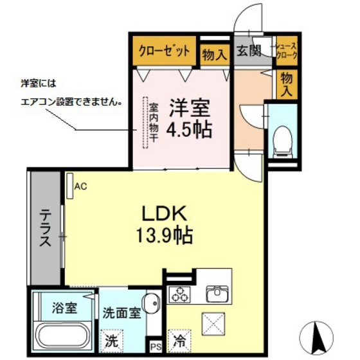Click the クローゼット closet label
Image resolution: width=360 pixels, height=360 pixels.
(163, 51)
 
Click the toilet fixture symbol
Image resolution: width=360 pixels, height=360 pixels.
(281, 138)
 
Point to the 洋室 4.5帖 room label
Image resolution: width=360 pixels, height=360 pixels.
(188, 118)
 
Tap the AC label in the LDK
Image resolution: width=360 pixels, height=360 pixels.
(80, 187)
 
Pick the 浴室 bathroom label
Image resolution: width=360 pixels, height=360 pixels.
(64, 308)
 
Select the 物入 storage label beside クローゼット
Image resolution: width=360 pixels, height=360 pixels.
(214, 54)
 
